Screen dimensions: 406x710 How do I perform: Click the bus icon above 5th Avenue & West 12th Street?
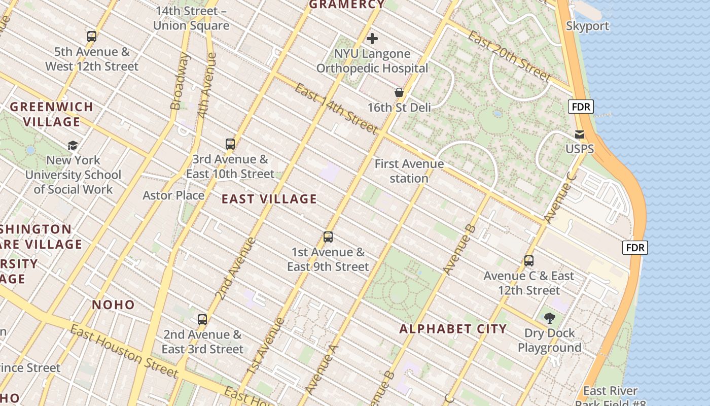(91, 37)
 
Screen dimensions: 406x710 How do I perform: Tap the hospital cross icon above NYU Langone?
(372, 39)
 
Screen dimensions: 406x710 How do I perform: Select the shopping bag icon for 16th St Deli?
(399, 92)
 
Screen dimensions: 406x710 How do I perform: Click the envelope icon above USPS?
(579, 134)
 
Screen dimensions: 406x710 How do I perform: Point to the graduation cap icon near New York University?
(73, 146)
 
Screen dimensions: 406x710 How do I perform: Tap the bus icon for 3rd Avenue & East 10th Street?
(230, 144)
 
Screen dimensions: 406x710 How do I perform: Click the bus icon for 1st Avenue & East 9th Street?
(328, 237)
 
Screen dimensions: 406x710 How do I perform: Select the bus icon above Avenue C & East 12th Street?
(529, 261)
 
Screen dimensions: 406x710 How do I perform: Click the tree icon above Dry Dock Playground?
(549, 318)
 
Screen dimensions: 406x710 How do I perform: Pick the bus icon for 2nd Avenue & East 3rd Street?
(202, 320)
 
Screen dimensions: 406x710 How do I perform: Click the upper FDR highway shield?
(581, 107)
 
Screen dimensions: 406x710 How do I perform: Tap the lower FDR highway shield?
(635, 248)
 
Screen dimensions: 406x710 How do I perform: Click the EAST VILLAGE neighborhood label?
(269, 199)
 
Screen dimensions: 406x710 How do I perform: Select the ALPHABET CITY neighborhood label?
(453, 329)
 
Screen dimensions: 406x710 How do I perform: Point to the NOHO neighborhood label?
(113, 305)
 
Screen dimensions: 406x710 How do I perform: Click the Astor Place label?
(173, 195)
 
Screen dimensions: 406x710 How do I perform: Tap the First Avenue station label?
(409, 171)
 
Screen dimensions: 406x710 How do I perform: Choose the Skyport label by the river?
(587, 26)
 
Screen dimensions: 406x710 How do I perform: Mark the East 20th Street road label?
(509, 56)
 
